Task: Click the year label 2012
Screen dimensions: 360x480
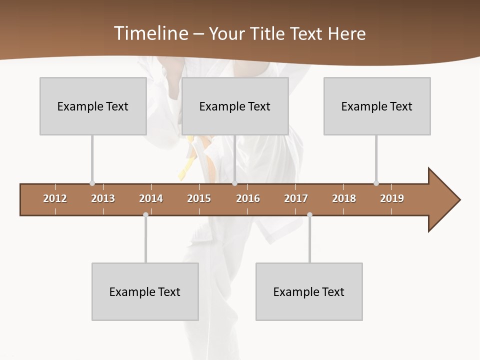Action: [x=55, y=198]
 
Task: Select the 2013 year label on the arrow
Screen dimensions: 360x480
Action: [x=103, y=198]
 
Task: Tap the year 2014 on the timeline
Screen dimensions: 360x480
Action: [x=151, y=198]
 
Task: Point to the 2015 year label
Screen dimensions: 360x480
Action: [x=199, y=198]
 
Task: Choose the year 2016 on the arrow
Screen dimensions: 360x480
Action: [x=248, y=198]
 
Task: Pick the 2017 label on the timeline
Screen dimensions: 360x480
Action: [x=296, y=198]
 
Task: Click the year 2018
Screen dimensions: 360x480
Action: [x=344, y=198]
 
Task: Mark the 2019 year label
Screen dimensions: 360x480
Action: [x=392, y=198]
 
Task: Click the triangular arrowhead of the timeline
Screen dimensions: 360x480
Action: [x=442, y=200]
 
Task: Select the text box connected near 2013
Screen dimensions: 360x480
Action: [x=93, y=106]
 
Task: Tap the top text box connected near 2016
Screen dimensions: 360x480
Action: [x=235, y=106]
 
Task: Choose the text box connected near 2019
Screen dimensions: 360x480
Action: [x=377, y=106]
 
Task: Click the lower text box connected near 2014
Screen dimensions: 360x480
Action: [x=145, y=291]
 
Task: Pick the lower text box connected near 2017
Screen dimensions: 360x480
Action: [x=309, y=291]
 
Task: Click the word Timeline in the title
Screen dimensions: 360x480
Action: [x=150, y=33]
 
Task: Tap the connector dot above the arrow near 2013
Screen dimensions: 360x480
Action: [x=92, y=183]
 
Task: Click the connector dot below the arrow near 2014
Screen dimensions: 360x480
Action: [x=145, y=214]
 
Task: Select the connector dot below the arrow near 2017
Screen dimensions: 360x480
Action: [x=309, y=214]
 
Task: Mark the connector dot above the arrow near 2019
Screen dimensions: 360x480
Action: [x=376, y=183]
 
